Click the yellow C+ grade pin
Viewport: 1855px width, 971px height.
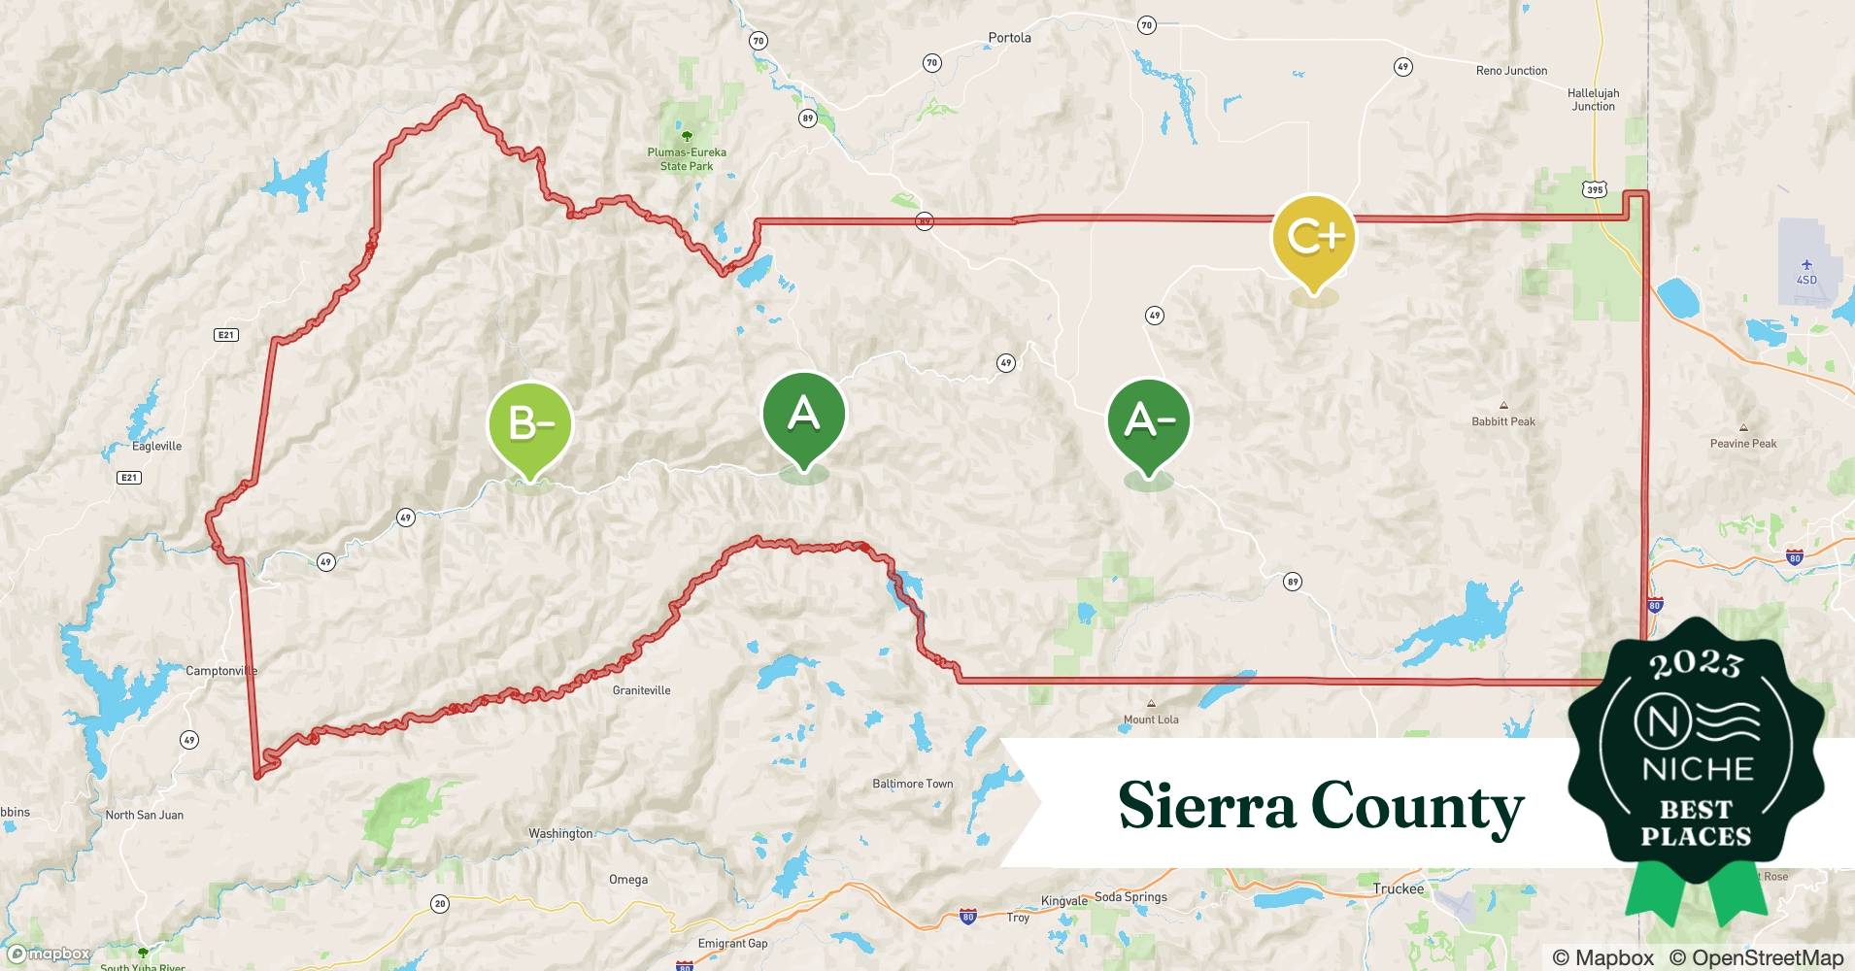coord(1313,237)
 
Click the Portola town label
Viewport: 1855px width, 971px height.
coord(1009,38)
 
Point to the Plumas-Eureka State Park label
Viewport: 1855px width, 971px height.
coord(687,159)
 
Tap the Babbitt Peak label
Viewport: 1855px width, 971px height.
coord(1503,421)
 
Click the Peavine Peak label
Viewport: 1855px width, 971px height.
coord(1743,444)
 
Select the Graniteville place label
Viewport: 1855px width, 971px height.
coord(641,690)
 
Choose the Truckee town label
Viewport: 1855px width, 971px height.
coord(1398,888)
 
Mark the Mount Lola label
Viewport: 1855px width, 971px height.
coord(1151,720)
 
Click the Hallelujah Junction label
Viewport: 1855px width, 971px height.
coord(1593,100)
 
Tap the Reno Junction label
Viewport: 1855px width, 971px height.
coord(1511,71)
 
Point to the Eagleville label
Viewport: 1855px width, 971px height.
coord(156,447)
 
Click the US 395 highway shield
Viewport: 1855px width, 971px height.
coord(1595,189)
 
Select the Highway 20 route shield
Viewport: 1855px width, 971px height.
coord(440,904)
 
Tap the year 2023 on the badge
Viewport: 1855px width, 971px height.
coord(1696,663)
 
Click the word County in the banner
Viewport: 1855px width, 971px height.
coord(1417,807)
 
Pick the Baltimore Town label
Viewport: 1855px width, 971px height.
coord(912,784)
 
